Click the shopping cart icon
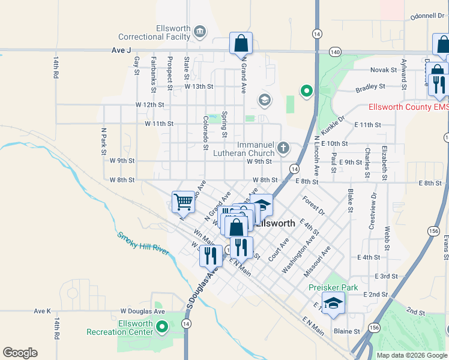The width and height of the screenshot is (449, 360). coord(183,202)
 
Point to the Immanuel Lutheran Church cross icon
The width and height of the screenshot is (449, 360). coord(283,148)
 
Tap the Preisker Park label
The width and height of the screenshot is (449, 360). coord(333,287)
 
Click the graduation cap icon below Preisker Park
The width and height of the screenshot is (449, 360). coord(333,304)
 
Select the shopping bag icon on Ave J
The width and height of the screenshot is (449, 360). coord(241,43)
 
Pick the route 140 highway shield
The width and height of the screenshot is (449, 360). coord(336,52)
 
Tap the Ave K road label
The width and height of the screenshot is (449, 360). coord(43,311)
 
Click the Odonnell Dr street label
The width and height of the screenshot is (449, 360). coord(427,16)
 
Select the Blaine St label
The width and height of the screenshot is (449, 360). coord(346,331)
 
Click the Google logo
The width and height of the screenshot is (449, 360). coord(20,353)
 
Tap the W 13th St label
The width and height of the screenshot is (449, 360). coord(199,86)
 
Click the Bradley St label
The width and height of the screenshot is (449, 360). coord(370,87)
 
